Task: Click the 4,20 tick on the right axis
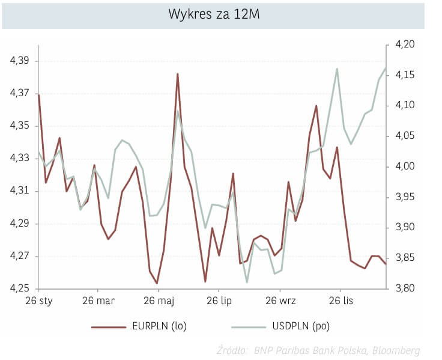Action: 406,44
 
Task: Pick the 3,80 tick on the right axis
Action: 406,289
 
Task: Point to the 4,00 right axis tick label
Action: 406,166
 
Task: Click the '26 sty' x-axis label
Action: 38,301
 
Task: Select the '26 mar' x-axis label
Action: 98,301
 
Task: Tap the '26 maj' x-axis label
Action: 159,301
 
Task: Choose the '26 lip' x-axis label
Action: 219,301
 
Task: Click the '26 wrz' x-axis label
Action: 279,301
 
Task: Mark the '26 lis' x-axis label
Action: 340,301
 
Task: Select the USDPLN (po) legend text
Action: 301,326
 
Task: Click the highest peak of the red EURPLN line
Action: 178,74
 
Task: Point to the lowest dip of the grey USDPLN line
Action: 247,282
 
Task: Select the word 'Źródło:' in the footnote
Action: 234,350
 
